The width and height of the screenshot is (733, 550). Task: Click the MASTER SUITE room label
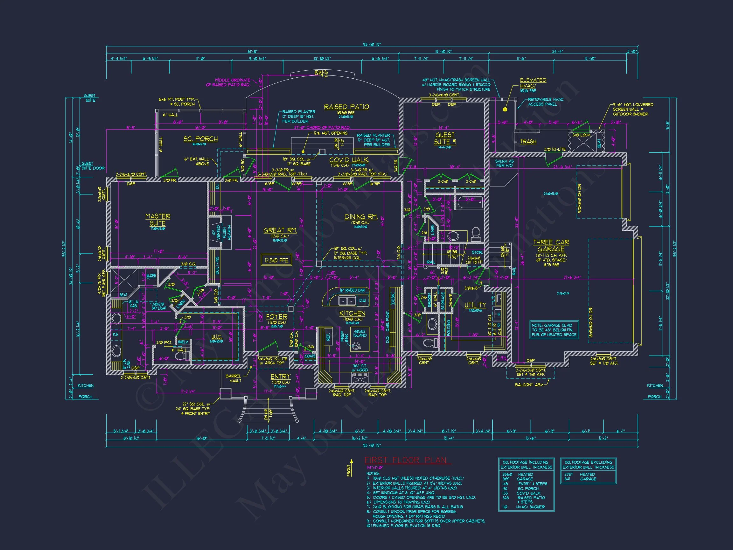[x=158, y=220]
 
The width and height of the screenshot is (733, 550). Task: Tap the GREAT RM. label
[x=280, y=230]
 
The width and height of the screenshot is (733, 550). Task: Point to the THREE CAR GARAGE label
[x=551, y=246]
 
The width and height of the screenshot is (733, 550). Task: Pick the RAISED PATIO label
[x=346, y=107]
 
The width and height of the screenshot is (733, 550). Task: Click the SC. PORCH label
[x=200, y=138]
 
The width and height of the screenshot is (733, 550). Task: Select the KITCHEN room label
[x=352, y=313]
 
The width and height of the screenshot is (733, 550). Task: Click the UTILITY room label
[x=475, y=305]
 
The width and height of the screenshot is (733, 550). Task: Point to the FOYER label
[x=277, y=317]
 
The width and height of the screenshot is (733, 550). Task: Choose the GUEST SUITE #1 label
[x=445, y=138]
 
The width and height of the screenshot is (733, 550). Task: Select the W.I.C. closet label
[x=216, y=337]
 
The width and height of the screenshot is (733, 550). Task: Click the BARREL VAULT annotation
[x=234, y=378]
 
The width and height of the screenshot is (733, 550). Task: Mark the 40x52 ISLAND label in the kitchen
[x=360, y=333]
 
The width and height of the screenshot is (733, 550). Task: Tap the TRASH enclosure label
[x=528, y=142]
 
